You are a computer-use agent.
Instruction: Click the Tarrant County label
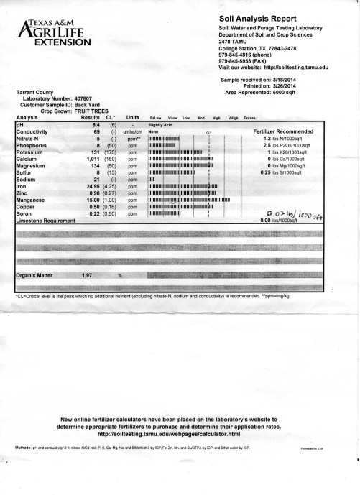pos(37,92)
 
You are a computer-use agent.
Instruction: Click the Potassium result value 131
pos(91,152)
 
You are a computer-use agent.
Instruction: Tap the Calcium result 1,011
pos(90,159)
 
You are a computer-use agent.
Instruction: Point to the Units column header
pos(132,116)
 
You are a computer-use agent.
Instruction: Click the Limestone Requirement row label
pos(42,219)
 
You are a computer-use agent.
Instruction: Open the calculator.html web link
pos(180,434)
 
